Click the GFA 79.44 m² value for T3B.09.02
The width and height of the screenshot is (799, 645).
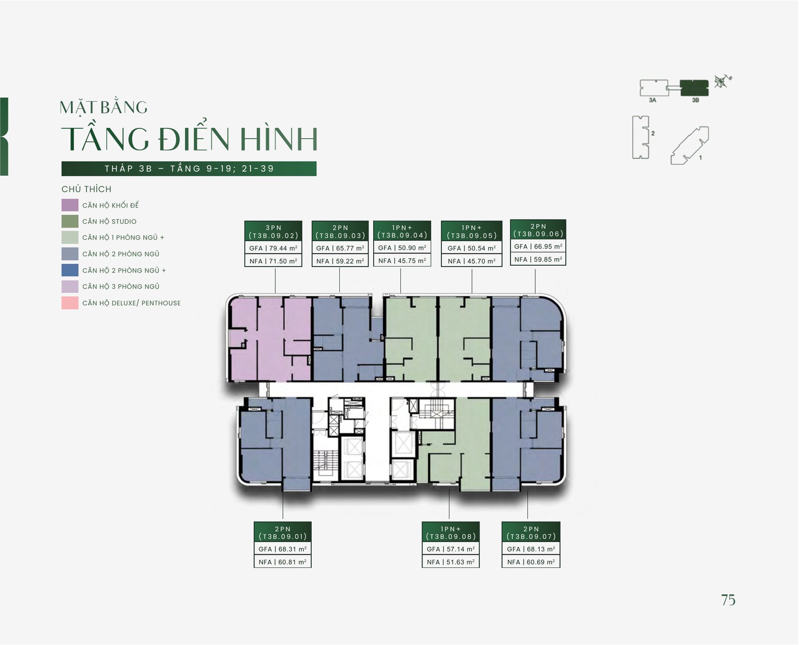click(274, 248)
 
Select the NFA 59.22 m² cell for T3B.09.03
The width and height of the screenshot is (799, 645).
click(340, 261)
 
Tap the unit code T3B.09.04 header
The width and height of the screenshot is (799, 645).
click(402, 231)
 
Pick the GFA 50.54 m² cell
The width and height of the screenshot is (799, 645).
click(472, 248)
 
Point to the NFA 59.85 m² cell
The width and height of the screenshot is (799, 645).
click(538, 259)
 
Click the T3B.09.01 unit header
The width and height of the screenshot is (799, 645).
click(282, 533)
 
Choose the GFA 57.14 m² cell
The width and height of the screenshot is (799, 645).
click(451, 549)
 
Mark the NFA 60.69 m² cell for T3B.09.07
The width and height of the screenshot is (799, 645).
click(531, 562)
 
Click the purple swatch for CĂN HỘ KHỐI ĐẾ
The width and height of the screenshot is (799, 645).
click(70, 205)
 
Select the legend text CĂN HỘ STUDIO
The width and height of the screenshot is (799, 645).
click(110, 221)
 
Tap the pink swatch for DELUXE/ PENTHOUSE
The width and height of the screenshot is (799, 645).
click(70, 303)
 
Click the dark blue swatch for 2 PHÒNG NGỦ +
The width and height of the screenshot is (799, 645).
click(70, 270)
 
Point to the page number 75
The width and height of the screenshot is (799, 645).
click(728, 600)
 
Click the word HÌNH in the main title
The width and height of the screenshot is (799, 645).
click(279, 139)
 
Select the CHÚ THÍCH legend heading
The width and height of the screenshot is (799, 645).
click(86, 189)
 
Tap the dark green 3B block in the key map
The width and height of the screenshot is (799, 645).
click(695, 88)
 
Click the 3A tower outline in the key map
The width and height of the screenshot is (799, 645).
click(654, 88)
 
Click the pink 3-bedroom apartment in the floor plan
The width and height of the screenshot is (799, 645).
click(270, 338)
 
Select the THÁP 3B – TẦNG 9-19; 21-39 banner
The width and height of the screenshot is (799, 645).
click(189, 169)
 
